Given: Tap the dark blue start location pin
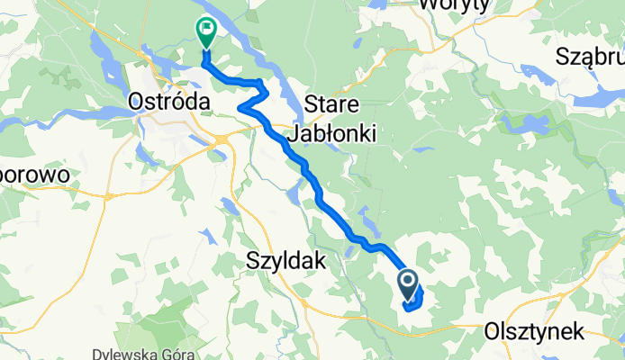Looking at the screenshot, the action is pos(407,285).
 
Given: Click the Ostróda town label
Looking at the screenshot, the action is pos(170,102).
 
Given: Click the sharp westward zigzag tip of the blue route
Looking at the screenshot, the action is pos(240,108).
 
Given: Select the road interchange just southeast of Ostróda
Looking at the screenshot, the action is pos(220,138).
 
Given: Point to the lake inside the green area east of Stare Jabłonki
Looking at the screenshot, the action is pos(532,121).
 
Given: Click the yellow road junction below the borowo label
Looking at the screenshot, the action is pos(107,194).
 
